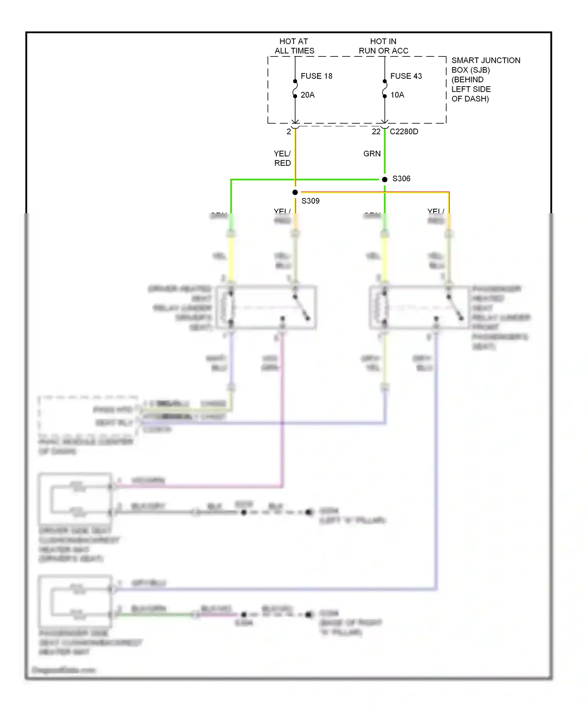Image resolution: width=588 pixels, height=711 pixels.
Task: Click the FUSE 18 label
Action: click(x=316, y=76)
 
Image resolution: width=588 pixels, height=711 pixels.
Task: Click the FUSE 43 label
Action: click(x=406, y=76)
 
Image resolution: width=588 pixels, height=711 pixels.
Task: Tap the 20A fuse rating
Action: click(x=307, y=95)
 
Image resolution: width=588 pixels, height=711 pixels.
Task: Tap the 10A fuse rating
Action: click(x=397, y=95)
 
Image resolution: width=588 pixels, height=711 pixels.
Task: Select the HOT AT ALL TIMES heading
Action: click(x=294, y=46)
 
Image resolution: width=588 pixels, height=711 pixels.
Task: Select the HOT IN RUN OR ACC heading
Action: click(x=383, y=46)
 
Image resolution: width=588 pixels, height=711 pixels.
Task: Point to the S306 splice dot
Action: click(x=385, y=179)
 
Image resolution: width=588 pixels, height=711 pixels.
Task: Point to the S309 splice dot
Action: click(x=295, y=192)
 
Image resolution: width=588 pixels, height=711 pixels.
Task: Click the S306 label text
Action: click(x=401, y=179)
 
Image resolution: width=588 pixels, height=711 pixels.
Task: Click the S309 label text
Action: click(x=310, y=201)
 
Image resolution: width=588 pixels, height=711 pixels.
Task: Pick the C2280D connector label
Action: click(x=404, y=132)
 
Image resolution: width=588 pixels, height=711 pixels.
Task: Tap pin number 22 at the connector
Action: click(x=376, y=132)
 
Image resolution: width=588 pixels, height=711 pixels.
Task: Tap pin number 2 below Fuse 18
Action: click(x=289, y=132)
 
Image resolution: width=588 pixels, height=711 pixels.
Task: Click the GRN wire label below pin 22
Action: click(x=372, y=154)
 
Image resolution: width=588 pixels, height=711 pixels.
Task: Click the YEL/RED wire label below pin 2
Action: click(x=282, y=158)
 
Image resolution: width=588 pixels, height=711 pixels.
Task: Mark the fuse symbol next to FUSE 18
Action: click(x=295, y=89)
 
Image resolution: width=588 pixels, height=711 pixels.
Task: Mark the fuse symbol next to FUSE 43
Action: click(x=385, y=89)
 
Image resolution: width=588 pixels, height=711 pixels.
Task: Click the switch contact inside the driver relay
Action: click(x=301, y=308)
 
